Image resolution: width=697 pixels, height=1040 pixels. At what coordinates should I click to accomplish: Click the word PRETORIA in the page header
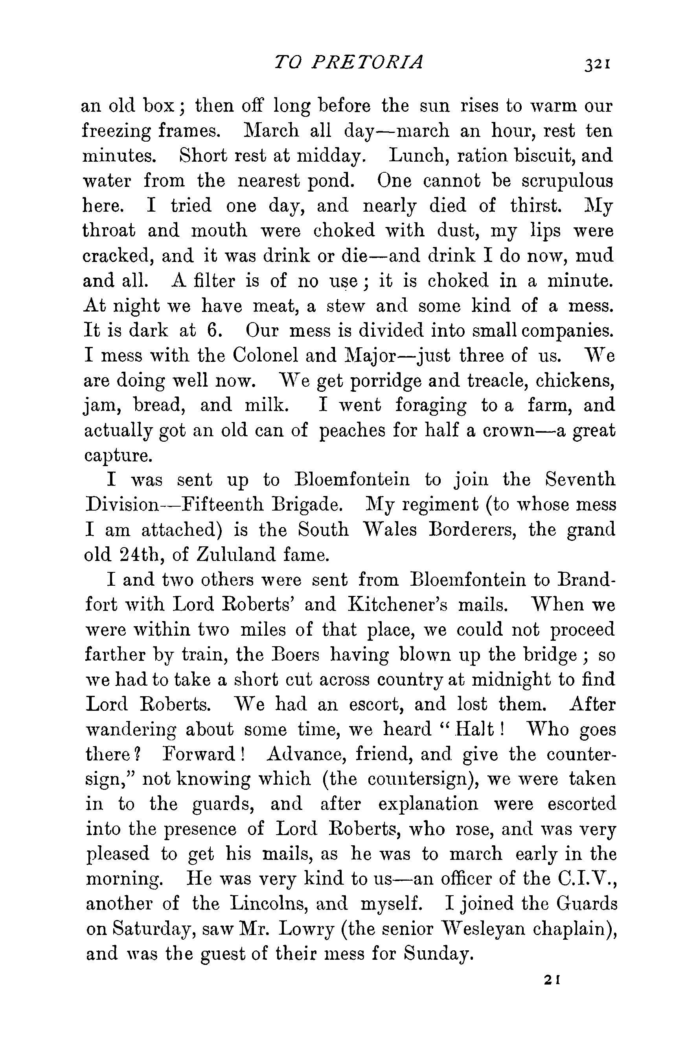367,62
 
